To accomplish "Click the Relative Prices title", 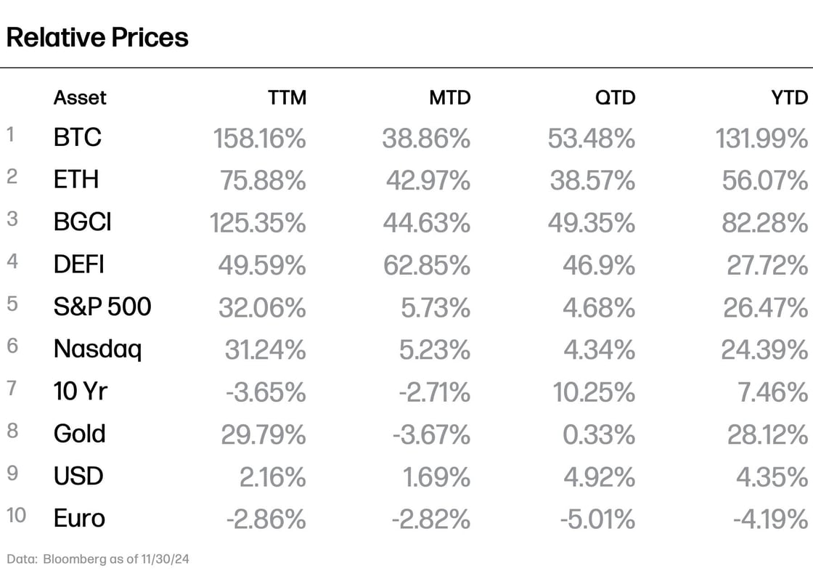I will (x=97, y=37).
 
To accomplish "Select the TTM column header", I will (x=287, y=97).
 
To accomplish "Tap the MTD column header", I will (x=450, y=97).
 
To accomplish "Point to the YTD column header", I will (x=790, y=97).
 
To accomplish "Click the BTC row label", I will (x=77, y=137).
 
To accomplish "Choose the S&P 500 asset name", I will (x=102, y=307).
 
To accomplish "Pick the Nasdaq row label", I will (x=97, y=349).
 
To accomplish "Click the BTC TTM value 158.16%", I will (x=259, y=138).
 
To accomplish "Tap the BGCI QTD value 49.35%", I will (x=592, y=222).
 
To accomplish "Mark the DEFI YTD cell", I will (x=767, y=265).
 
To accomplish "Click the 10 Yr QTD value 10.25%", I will (x=593, y=392).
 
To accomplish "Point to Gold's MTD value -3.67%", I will (x=431, y=434).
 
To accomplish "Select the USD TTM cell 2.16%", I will (x=272, y=477).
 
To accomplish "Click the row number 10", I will (x=16, y=516).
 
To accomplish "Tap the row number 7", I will (x=12, y=389).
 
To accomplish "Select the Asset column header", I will (x=80, y=97).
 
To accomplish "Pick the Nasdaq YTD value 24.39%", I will (x=764, y=350).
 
